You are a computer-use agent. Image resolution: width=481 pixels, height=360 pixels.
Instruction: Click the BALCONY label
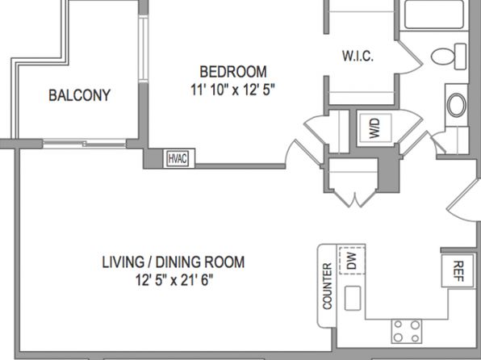point(79,95)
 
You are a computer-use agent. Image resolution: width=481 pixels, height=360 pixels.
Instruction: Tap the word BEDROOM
point(233,72)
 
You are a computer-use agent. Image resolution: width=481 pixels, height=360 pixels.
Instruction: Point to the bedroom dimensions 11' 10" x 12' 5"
point(232,90)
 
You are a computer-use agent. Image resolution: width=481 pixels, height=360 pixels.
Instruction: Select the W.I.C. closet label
point(358,57)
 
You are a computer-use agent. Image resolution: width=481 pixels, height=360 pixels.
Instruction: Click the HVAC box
point(178,159)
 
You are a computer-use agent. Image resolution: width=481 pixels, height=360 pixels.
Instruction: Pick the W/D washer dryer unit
point(375,128)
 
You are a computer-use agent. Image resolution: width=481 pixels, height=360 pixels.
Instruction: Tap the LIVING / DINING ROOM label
point(173,262)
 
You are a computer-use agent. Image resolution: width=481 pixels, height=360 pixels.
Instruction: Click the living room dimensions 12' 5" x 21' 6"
point(174,280)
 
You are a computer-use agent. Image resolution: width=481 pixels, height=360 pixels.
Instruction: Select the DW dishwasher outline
point(352,260)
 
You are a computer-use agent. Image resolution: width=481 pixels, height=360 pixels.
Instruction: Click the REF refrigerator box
point(458,270)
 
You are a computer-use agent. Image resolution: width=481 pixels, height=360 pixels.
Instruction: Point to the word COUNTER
point(328,286)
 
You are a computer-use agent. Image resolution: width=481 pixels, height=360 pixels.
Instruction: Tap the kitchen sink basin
point(353,299)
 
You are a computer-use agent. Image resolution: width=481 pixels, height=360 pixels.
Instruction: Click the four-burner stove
point(407,332)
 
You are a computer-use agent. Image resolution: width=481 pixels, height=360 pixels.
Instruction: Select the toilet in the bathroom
point(449,57)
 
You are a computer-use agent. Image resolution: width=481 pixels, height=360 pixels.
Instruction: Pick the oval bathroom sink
point(457,105)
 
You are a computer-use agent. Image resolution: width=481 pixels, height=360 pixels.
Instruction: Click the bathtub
point(434,15)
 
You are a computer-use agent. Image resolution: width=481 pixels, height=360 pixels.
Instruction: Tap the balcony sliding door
point(85,144)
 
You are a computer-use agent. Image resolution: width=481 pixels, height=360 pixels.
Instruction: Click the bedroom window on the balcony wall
point(144,48)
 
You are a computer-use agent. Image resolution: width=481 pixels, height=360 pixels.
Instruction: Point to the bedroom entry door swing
point(303,153)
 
